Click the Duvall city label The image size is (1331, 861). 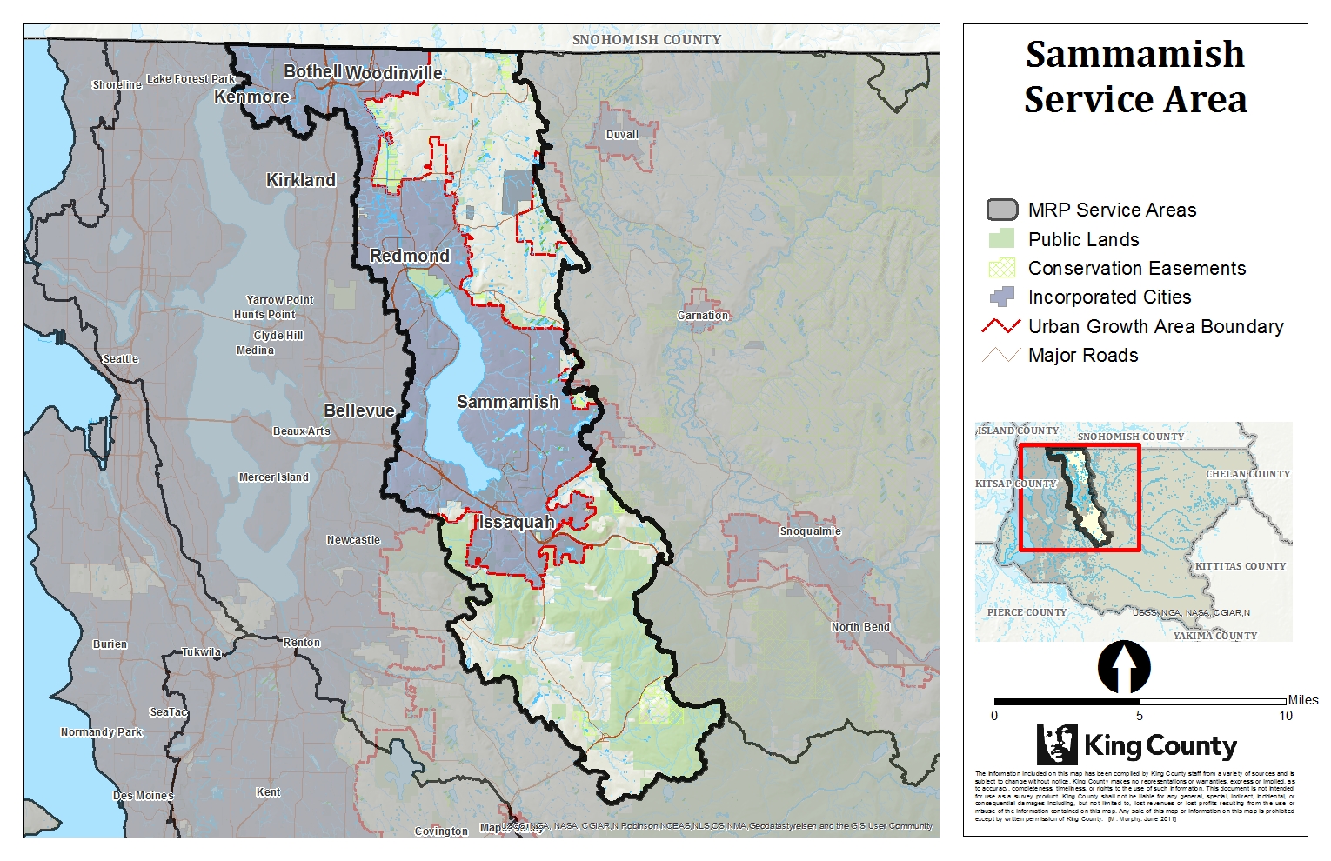622,135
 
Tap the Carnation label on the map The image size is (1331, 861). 703,316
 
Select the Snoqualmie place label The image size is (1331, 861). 810,531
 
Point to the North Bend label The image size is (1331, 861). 860,627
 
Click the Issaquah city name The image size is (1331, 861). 516,522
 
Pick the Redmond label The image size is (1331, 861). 410,256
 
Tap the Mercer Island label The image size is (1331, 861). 274,477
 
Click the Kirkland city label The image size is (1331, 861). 301,180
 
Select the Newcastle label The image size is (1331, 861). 353,540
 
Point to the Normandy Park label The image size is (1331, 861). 101,732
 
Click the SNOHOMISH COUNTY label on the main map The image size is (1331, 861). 646,40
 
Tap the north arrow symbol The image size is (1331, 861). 1124,668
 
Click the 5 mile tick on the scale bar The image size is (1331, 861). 1140,701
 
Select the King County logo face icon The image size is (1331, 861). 1057,745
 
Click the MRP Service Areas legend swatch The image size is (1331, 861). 1002,210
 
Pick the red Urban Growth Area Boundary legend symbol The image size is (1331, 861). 1001,326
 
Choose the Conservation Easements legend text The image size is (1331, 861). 1137,268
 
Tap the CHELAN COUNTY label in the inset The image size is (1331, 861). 1248,474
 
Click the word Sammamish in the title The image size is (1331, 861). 1134,54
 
